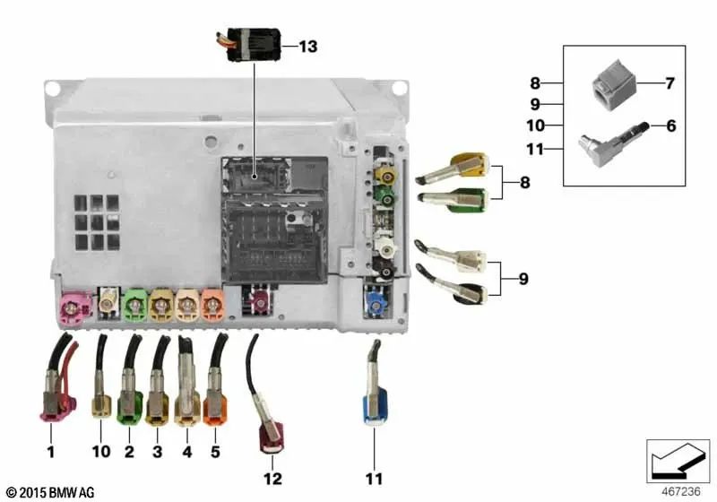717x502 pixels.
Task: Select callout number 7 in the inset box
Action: (x=669, y=84)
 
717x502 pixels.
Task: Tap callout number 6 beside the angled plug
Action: (x=669, y=125)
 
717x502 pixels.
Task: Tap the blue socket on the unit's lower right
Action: (x=375, y=301)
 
